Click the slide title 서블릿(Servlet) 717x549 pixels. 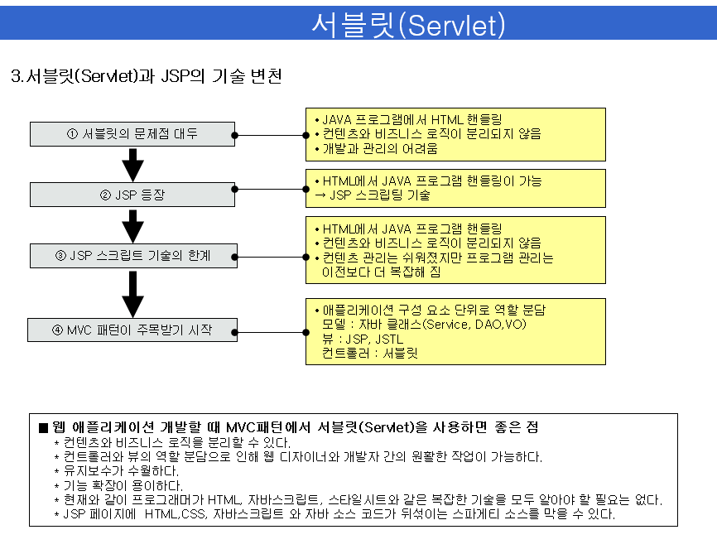408,24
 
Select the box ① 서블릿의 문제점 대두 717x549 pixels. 132,134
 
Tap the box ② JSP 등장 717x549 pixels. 132,195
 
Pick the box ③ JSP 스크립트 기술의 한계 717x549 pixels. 132,256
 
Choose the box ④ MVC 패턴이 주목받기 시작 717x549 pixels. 132,330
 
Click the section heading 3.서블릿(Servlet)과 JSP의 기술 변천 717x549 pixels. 147,77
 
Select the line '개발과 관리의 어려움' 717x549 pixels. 380,149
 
